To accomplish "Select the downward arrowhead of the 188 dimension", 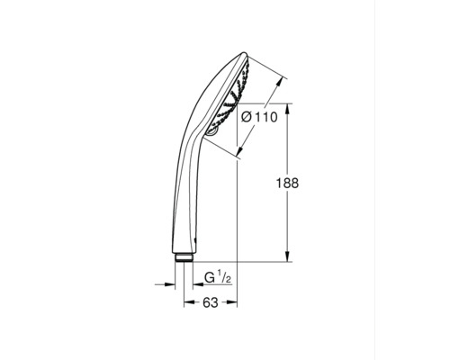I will (x=287, y=257).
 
